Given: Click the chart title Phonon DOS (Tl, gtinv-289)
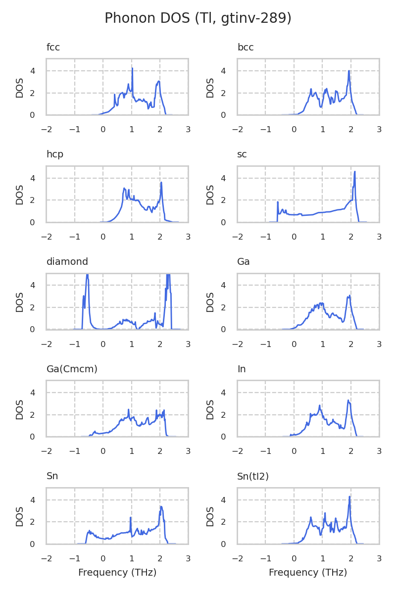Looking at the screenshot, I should click(x=198, y=18).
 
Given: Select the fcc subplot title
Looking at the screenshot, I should click(x=53, y=48).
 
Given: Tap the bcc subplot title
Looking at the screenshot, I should click(x=246, y=48).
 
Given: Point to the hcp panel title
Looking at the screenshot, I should click(x=54, y=154).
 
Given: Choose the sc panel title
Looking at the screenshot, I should click(x=242, y=154).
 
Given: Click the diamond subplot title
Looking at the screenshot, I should click(x=67, y=262).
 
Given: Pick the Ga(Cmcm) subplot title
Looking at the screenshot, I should click(x=72, y=369).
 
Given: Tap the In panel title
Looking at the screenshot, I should click(x=242, y=369).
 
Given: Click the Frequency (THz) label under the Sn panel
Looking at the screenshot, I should click(x=117, y=573).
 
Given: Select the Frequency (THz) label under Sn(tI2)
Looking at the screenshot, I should click(x=308, y=573).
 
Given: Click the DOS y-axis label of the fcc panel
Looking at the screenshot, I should click(x=20, y=87).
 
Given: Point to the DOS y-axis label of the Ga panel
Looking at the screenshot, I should click(x=210, y=301).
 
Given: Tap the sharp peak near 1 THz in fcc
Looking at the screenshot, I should click(x=132, y=68).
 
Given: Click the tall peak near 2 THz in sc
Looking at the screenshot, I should click(x=355, y=172).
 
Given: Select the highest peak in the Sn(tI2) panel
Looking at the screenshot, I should click(x=349, y=496).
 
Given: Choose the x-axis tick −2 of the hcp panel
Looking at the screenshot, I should click(x=47, y=237).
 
